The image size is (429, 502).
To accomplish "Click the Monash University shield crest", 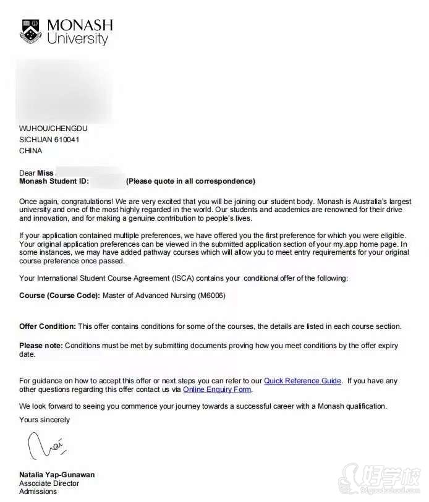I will pos(31,31).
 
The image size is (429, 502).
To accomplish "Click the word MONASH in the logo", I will pos(80,25).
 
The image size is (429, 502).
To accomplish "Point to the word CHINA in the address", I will pos(31,151).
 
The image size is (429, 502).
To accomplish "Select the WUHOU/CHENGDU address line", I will pos(53,129).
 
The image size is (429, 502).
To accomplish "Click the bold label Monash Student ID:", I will pos(54,182).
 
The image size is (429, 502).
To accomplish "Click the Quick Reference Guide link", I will pos(302,381).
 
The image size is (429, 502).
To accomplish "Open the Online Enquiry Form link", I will pos(218,390).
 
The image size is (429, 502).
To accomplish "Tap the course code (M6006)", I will pos(212,296).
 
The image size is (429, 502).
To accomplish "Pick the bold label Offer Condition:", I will pos(48,326).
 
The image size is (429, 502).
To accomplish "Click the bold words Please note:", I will pos(41,346).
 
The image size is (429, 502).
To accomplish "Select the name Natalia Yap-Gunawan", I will pos(57,475).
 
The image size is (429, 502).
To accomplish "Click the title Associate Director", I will pos(48,483).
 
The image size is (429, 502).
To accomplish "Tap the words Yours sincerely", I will pos(45,420).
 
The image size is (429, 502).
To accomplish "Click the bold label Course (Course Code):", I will pos(59,296).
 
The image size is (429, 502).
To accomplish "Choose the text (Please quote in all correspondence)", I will pos(190,182).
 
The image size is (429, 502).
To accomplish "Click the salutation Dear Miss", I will pos(36,173).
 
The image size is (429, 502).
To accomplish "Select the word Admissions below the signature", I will pos(38,491).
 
